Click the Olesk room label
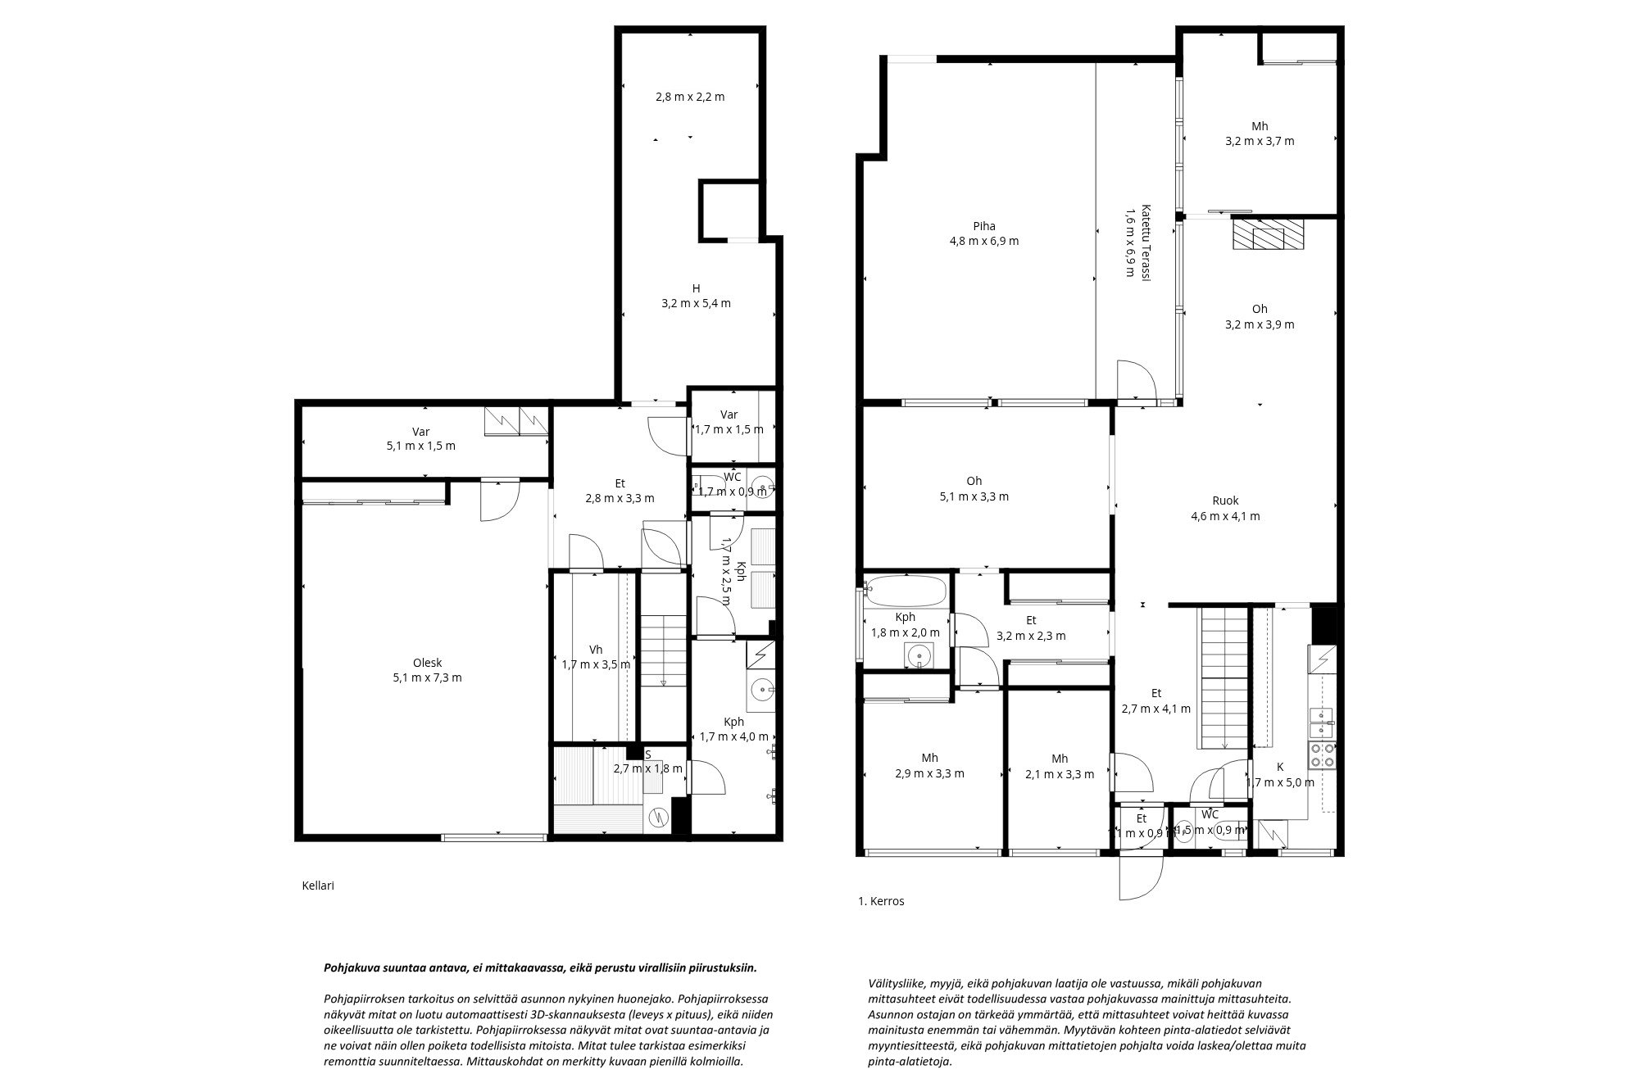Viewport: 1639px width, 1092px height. tap(427, 663)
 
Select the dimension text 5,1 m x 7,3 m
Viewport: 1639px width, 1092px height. tap(427, 677)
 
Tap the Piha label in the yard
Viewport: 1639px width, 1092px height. tap(983, 226)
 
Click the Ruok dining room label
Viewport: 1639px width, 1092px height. tap(1225, 501)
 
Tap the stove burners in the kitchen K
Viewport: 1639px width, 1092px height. tap(1321, 755)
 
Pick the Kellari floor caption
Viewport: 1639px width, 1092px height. tap(318, 886)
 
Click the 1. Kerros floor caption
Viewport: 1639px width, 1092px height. tap(881, 901)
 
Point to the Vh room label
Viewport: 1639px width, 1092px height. tap(596, 650)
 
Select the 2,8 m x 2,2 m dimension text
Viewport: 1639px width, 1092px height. tap(690, 97)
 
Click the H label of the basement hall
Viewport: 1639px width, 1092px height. tap(696, 288)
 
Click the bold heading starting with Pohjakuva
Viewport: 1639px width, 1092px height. tap(541, 967)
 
